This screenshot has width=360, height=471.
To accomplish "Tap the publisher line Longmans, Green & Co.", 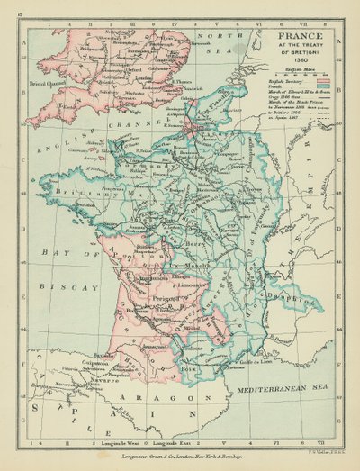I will tap(180, 457).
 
